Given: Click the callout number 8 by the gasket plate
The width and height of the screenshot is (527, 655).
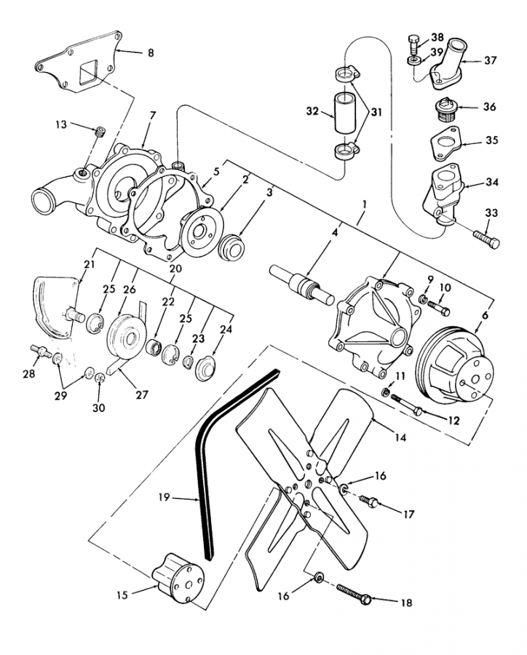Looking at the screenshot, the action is pyautogui.click(x=151, y=53).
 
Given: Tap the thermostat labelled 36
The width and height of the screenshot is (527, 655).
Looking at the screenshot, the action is pyautogui.click(x=447, y=110).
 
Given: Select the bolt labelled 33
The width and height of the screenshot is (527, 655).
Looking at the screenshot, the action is pyautogui.click(x=486, y=238).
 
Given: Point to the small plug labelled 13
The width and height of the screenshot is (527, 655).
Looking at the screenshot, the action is pyautogui.click(x=99, y=132).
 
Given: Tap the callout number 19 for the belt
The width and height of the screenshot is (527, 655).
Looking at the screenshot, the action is pyautogui.click(x=164, y=497).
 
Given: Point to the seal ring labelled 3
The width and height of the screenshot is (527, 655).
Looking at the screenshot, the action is pyautogui.click(x=231, y=247).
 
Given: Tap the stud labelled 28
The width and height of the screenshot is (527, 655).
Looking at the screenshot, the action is pyautogui.click(x=41, y=351).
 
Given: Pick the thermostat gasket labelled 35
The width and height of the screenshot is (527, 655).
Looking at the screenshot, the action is pyautogui.click(x=445, y=143).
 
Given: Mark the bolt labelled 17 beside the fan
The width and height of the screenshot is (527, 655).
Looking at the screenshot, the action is pyautogui.click(x=368, y=501).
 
